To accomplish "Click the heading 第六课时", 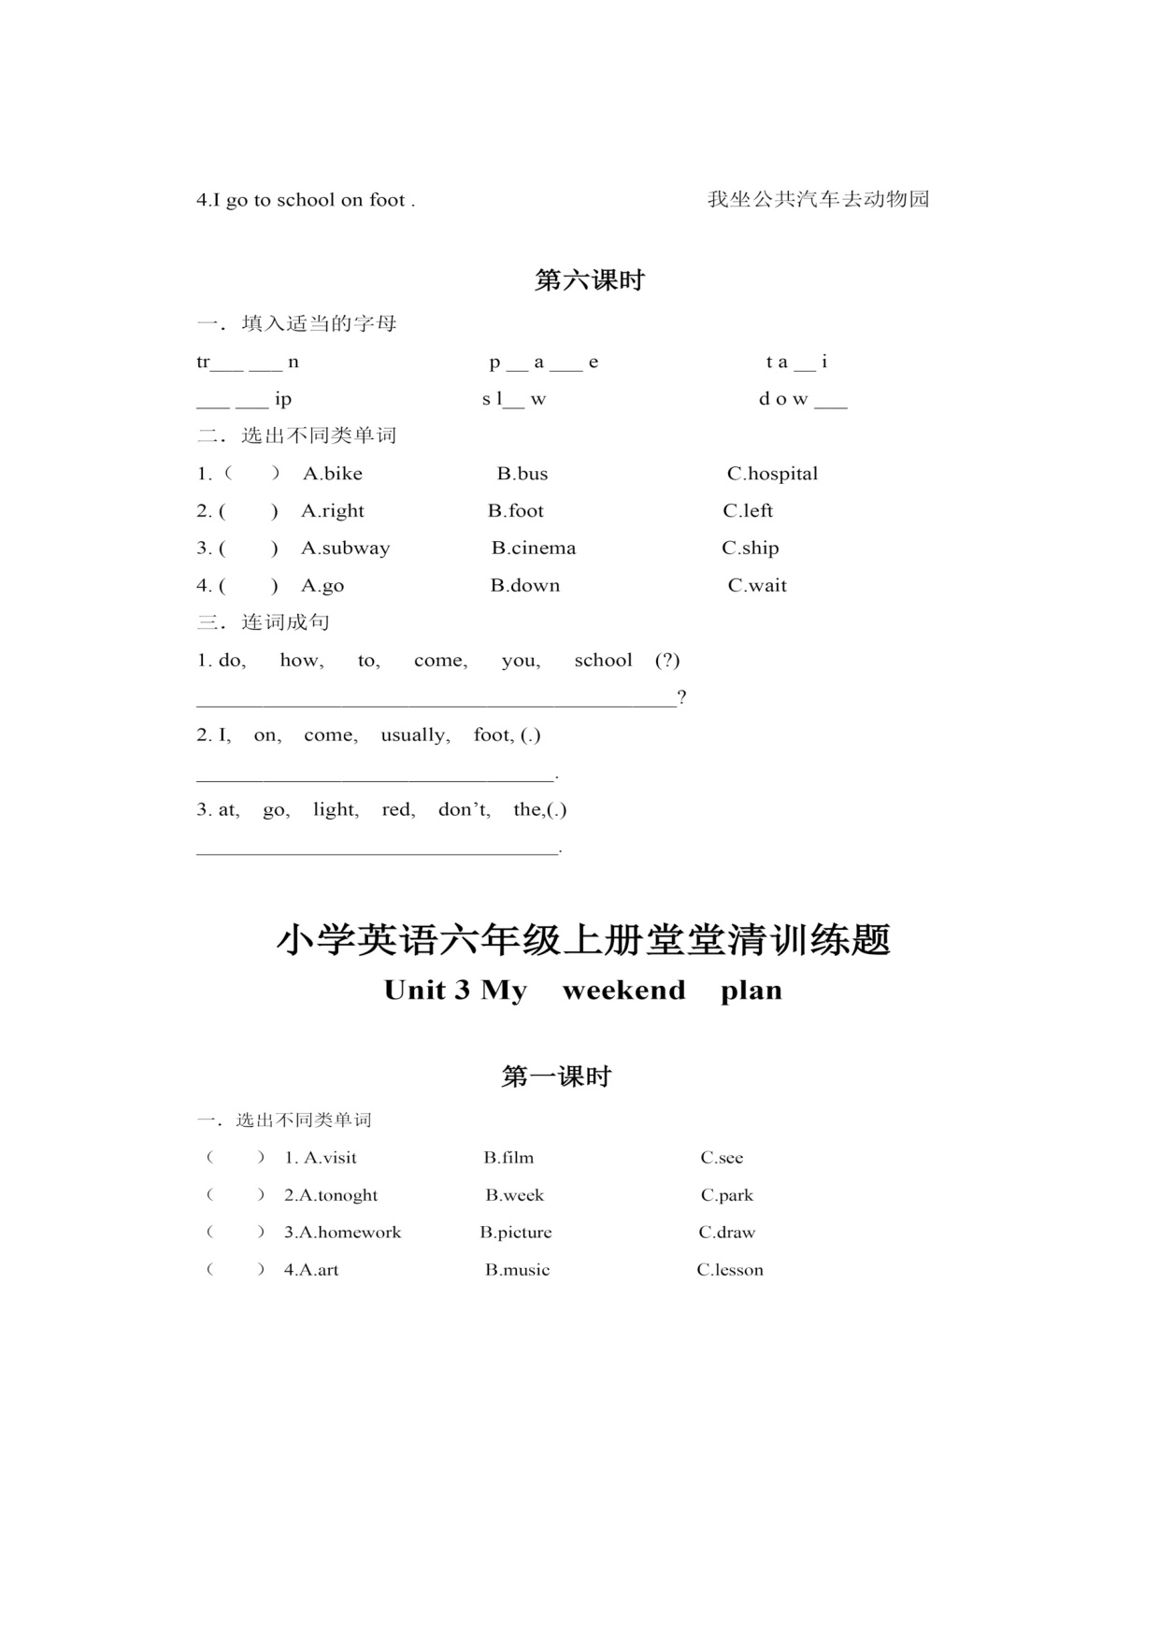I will [589, 280].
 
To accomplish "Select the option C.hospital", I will [772, 474].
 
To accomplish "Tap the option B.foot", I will [515, 511].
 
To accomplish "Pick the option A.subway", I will [345, 549].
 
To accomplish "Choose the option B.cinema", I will [534, 549].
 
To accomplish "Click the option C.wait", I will [757, 586].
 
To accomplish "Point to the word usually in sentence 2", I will [415, 735].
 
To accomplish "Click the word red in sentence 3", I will [398, 810].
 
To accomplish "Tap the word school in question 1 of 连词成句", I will [603, 661].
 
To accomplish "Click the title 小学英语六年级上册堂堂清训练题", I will [583, 940].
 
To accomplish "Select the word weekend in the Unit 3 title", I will [623, 991].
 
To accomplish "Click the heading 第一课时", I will [556, 1077].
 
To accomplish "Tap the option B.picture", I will [516, 1233].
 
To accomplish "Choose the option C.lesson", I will [730, 1270].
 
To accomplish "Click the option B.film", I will [508, 1158].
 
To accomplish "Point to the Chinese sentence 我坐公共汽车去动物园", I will [818, 199].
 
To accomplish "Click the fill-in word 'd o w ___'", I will [802, 399].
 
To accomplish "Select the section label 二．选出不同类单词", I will [296, 435].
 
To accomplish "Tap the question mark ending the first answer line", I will [682, 697].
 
